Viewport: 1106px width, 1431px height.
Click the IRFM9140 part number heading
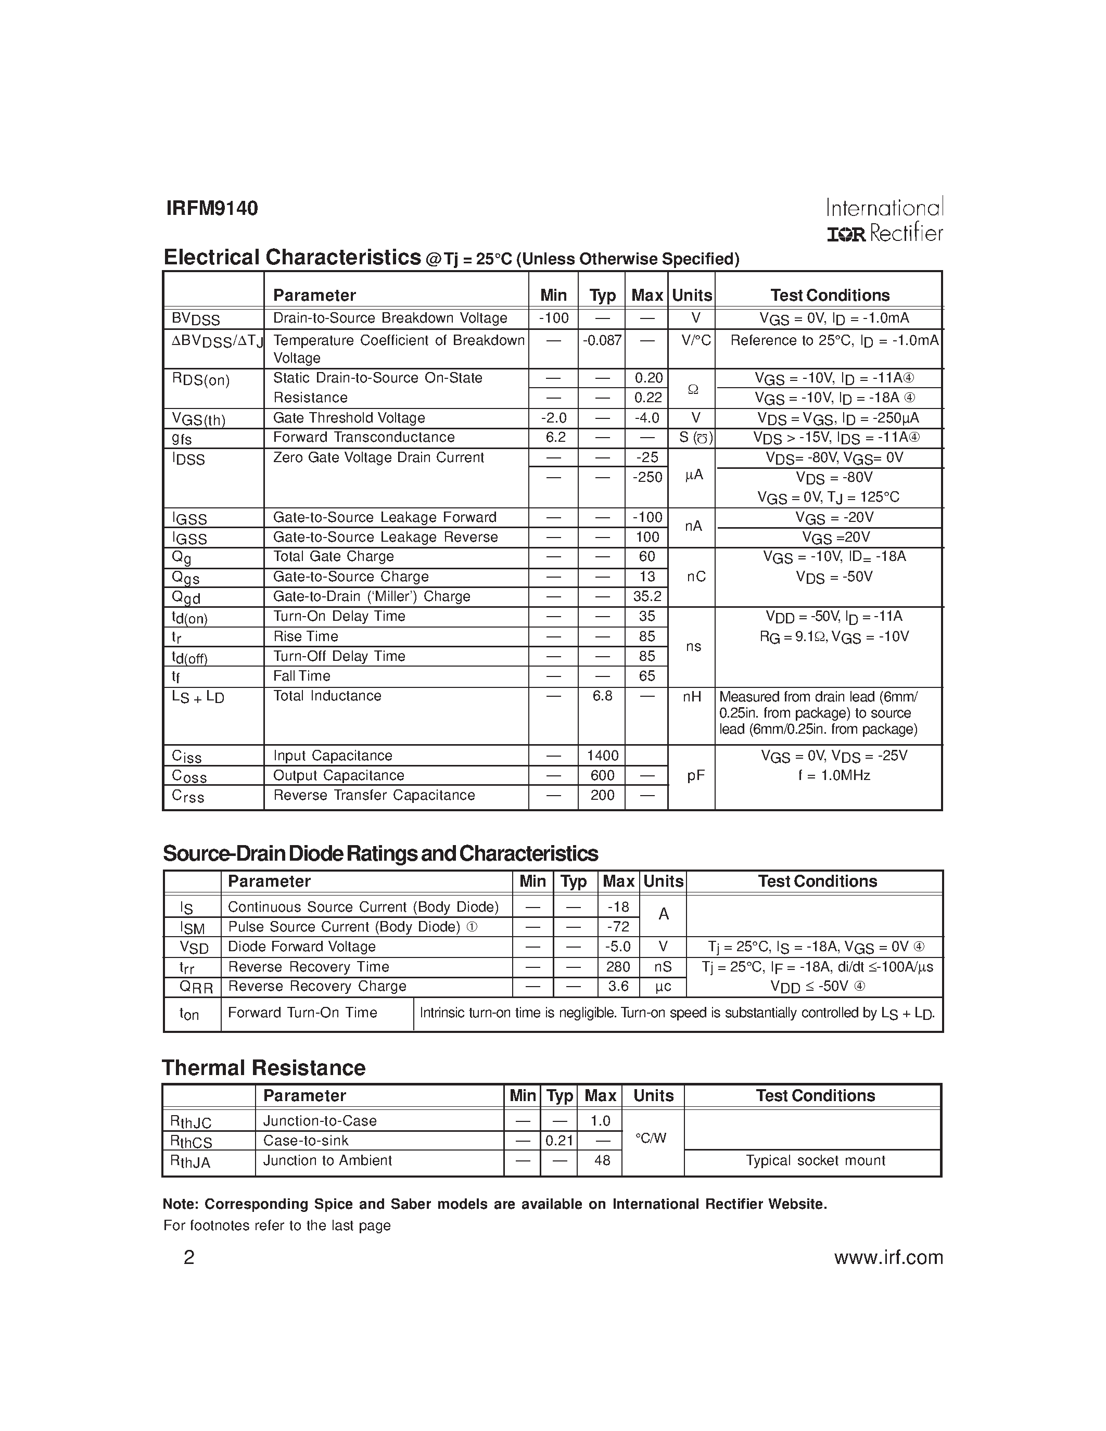click(212, 208)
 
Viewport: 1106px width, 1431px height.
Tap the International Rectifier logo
click(884, 220)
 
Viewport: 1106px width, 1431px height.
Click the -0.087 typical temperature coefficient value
click(602, 341)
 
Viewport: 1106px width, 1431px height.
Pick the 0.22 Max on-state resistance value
click(648, 398)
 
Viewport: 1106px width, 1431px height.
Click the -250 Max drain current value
click(647, 478)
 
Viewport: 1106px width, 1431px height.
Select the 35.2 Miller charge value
click(647, 597)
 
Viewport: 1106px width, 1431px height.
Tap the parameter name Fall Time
click(301, 676)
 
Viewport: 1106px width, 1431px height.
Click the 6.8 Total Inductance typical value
click(602, 696)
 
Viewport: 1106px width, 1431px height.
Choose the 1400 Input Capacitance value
click(602, 756)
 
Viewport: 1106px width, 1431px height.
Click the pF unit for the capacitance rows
click(695, 776)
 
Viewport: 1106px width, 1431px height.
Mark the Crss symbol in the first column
click(188, 796)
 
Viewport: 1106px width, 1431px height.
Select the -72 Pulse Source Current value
click(618, 926)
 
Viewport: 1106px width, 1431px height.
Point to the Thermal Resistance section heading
click(263, 1068)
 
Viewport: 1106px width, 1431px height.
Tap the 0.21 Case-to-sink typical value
click(559, 1141)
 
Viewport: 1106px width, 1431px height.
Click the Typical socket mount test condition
click(815, 1160)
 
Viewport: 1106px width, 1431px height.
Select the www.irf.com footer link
click(888, 1257)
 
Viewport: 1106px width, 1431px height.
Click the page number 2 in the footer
click(189, 1257)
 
